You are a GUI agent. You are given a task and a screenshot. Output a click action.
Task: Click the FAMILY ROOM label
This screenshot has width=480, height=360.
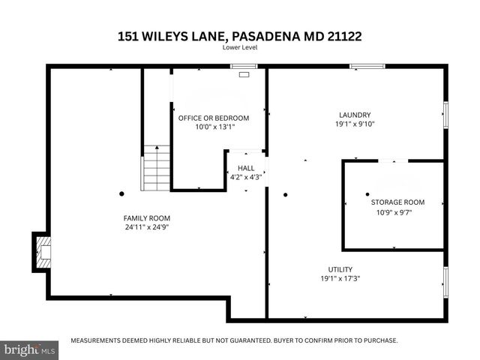142,218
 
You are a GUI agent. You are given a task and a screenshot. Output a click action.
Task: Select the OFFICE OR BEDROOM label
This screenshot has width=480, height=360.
213,118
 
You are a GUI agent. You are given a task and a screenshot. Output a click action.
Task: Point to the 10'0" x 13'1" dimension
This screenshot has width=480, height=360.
213,127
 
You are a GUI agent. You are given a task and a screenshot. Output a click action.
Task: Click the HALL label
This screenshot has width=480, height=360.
246,168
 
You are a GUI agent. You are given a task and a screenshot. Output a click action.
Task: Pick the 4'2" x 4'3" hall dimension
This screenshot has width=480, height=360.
246,177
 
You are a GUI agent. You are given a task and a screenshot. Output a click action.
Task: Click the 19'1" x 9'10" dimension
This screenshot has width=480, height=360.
355,124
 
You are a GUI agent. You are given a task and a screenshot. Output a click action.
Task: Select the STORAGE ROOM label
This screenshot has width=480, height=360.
397,202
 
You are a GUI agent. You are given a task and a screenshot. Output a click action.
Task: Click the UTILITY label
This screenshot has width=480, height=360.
340,269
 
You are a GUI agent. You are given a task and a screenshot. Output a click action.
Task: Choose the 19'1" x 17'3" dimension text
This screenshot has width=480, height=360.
340,278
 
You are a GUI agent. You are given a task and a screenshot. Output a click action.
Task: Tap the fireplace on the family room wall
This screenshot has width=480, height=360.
43,251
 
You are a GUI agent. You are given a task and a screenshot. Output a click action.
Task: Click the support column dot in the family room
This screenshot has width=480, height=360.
121,194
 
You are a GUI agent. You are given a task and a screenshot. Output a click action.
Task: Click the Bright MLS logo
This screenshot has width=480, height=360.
30,350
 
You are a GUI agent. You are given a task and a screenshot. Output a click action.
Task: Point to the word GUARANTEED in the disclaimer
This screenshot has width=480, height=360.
236,340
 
